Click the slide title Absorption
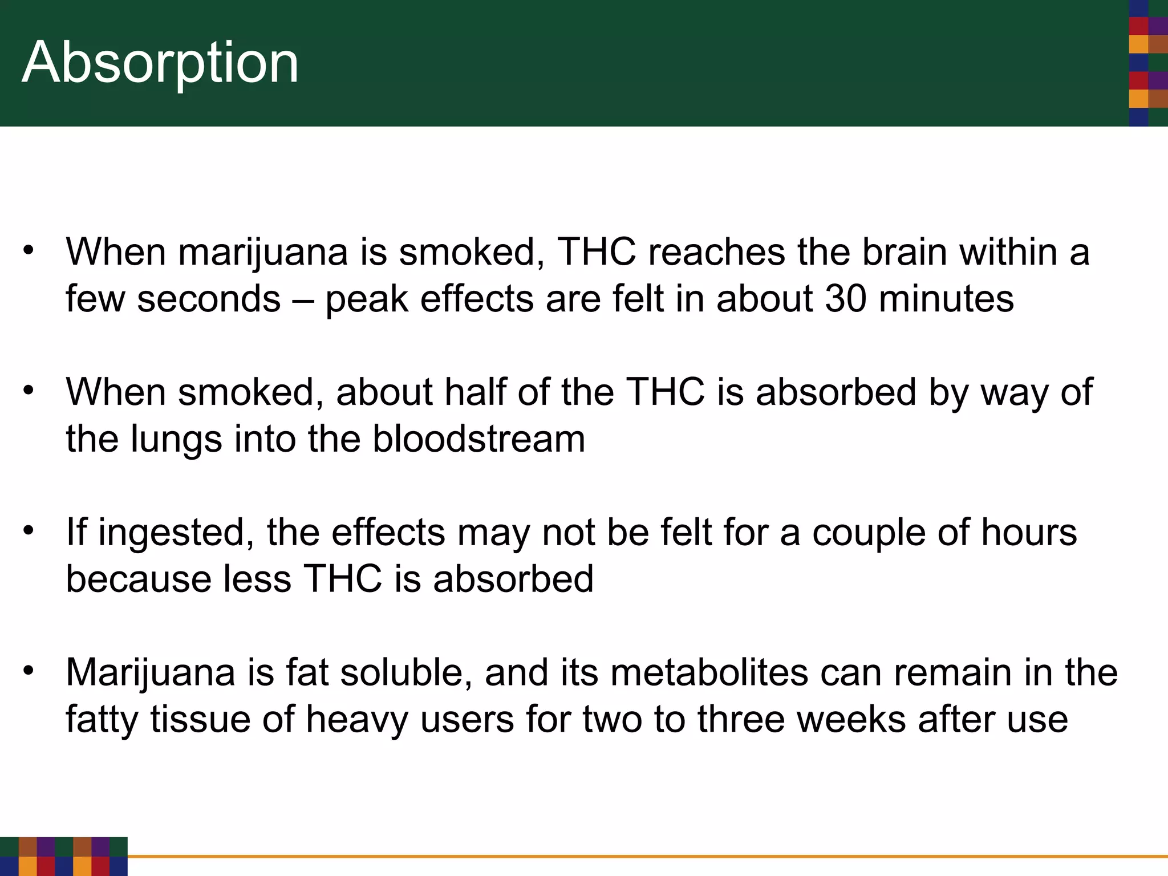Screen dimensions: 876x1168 160,63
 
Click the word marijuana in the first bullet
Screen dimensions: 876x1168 263,252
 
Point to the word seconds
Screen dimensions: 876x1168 209,299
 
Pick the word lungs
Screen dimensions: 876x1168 176,439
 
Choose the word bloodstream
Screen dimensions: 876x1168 479,439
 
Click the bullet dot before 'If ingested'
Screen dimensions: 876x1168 29,531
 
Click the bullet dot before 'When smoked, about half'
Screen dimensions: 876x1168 29,391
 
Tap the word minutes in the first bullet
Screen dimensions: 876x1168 946,299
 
